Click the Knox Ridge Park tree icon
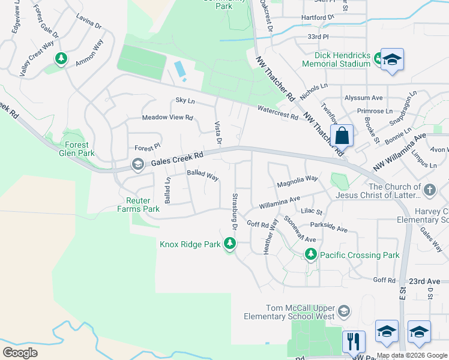click(x=229, y=244)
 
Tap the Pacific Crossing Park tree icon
click(x=310, y=255)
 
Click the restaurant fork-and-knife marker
click(x=354, y=341)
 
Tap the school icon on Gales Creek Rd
click(x=137, y=164)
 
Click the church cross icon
click(x=429, y=191)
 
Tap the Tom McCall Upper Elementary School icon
click(x=343, y=311)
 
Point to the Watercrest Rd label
click(x=278, y=112)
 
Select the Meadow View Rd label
click(x=167, y=118)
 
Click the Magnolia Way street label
click(x=297, y=179)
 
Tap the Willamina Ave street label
click(x=279, y=202)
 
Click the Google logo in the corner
click(x=20, y=353)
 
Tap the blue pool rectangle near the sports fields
click(x=180, y=70)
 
